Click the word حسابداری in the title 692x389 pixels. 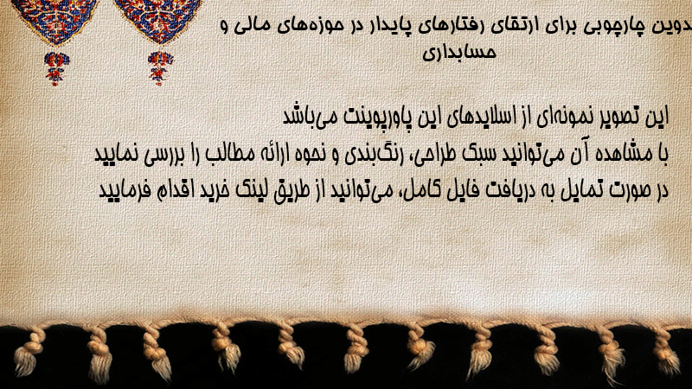[x=459, y=53]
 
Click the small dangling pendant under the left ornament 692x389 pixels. [x=56, y=68]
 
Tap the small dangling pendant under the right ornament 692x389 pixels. [x=160, y=67]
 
